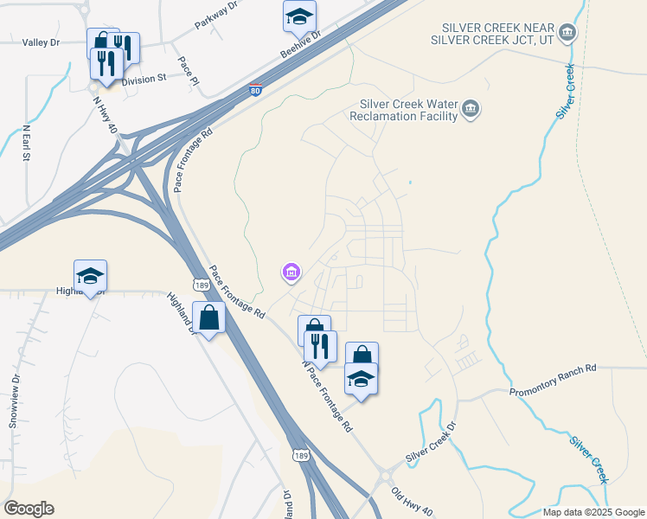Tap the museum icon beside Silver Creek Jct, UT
(567, 34)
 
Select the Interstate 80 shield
(254, 89)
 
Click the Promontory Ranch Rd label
(554, 368)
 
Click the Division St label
(143, 80)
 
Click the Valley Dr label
(41, 42)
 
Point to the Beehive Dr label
(300, 46)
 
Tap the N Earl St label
(26, 144)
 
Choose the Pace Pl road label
(189, 72)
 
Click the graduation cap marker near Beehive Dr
(299, 16)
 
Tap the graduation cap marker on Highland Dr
(90, 275)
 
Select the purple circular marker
(291, 273)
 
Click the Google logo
(29, 509)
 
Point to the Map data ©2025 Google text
(593, 512)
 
